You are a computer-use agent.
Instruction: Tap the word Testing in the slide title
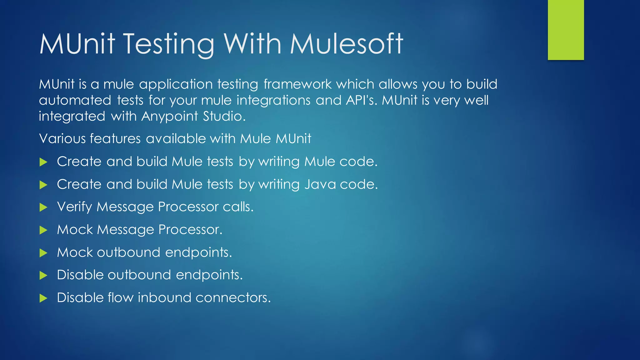click(x=169, y=44)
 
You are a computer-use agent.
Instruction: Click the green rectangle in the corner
click(x=566, y=30)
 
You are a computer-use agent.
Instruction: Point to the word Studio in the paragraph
click(x=224, y=117)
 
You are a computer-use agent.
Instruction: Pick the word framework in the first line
click(x=297, y=84)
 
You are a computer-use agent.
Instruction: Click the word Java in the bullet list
click(x=320, y=184)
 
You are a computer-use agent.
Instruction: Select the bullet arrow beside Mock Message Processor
click(x=43, y=230)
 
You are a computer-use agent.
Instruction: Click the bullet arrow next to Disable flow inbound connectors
click(x=43, y=298)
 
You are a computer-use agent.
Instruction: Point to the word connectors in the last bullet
click(x=233, y=298)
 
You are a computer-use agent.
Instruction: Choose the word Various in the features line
click(x=62, y=139)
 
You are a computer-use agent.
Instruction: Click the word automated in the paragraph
click(x=75, y=101)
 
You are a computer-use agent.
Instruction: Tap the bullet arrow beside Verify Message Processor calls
click(x=43, y=207)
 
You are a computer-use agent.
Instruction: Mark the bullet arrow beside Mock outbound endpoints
click(x=43, y=253)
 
